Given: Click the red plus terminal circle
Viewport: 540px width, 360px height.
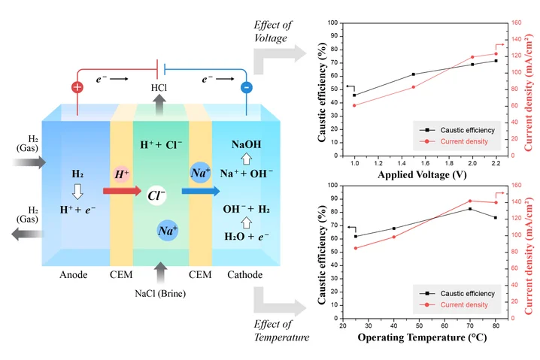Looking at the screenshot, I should (77, 87).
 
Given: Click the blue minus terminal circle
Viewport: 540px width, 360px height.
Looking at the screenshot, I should (246, 87).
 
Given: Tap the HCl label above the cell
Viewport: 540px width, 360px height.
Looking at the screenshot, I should (159, 88).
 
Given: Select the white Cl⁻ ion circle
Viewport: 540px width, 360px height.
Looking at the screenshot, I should (157, 195).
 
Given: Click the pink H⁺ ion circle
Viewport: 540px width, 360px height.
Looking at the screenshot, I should (122, 174).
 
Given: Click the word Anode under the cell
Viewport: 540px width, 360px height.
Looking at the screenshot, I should (74, 275).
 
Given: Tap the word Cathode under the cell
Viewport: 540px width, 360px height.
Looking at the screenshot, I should (245, 275).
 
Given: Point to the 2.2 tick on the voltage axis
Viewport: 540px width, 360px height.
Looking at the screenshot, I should (496, 162).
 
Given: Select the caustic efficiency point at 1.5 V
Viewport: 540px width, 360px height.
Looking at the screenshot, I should (414, 74).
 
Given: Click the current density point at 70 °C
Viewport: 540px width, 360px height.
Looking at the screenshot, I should (470, 201).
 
